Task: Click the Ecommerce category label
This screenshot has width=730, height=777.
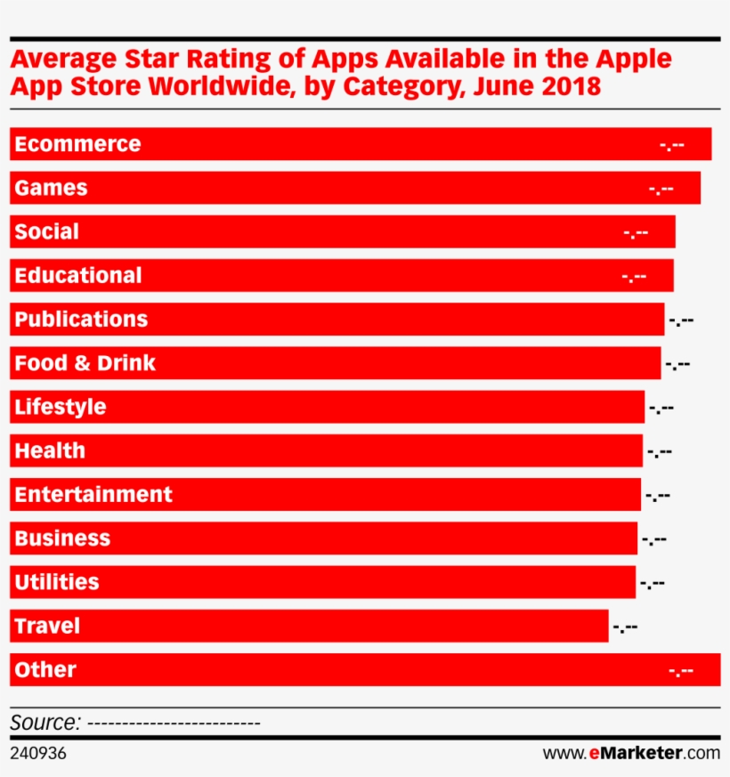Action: tap(77, 144)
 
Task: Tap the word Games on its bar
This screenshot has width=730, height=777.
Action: tap(51, 188)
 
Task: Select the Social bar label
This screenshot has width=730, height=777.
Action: tap(46, 231)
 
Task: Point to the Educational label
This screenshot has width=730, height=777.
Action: tap(77, 275)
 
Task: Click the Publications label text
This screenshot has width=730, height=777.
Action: tap(81, 319)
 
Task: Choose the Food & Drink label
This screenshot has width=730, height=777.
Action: tap(85, 363)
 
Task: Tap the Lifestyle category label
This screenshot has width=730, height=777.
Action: tap(60, 407)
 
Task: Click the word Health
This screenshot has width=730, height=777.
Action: tap(50, 450)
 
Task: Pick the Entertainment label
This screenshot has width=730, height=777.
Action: tap(93, 494)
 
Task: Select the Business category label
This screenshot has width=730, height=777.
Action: tap(62, 538)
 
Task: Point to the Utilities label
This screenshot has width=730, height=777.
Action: tap(57, 582)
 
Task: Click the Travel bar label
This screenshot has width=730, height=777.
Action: tap(47, 626)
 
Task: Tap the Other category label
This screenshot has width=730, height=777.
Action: tap(45, 669)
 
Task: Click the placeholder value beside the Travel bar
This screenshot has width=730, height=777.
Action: tap(625, 628)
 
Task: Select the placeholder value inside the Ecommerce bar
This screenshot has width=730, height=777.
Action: tap(672, 145)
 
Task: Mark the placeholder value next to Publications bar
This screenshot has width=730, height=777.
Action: tap(681, 321)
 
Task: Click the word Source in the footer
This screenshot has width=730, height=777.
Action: tap(45, 722)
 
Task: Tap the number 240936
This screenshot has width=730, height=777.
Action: tap(38, 754)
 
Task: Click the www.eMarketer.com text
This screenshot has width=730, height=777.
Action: tap(630, 753)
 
